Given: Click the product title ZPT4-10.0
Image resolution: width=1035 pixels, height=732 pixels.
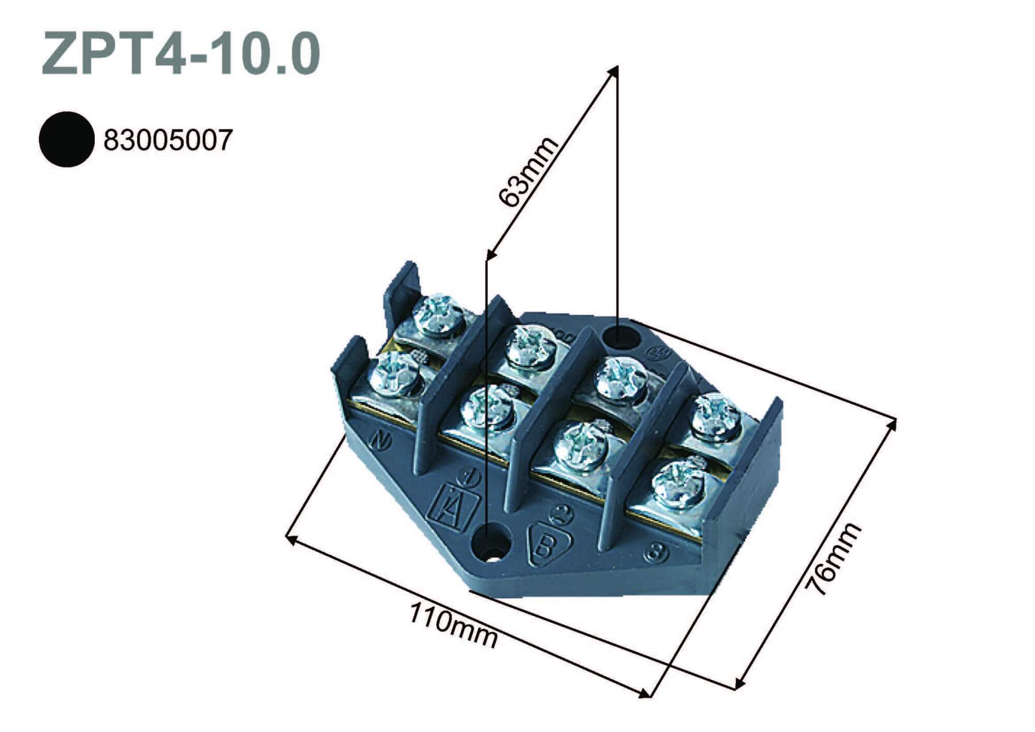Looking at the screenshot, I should (x=181, y=54).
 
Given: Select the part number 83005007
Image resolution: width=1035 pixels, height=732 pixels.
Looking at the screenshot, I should (x=168, y=140).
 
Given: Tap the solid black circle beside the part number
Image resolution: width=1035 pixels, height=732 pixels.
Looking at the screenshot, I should (x=67, y=139).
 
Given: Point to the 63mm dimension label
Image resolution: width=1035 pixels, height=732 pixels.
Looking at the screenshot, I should (x=528, y=172).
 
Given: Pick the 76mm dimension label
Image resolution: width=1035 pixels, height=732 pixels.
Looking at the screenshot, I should (x=834, y=559).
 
